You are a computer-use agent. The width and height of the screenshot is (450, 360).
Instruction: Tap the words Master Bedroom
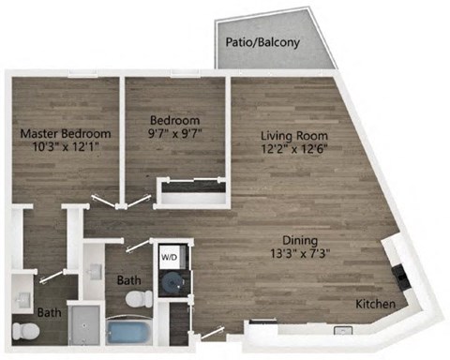tap(66, 133)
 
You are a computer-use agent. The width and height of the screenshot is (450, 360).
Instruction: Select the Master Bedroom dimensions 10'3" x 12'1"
tap(66, 147)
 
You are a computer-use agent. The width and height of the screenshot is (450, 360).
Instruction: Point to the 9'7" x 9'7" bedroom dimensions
tap(176, 135)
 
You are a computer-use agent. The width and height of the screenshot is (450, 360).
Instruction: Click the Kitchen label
tap(375, 306)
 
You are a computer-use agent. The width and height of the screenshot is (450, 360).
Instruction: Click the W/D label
tap(170, 256)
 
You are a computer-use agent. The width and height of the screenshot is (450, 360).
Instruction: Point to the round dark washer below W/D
tap(172, 282)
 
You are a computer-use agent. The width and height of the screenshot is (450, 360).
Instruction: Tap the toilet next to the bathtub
tap(140, 300)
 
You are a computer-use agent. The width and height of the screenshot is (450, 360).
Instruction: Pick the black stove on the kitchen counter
tap(400, 275)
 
